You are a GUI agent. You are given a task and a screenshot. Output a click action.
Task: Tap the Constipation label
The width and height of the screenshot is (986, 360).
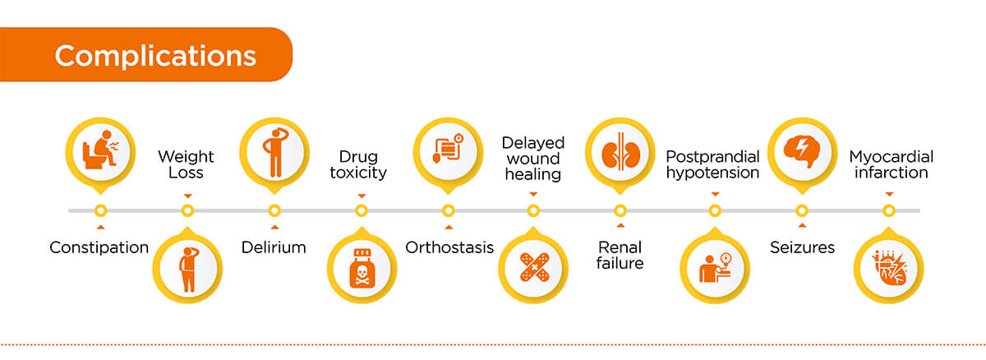(x=99, y=247)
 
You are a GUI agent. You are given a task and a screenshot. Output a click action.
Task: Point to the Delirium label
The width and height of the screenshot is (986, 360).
(x=274, y=247)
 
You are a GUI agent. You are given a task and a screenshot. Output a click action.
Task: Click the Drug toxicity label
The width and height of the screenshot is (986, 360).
(x=362, y=164)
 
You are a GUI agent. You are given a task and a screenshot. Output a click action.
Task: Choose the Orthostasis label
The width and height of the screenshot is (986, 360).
(x=449, y=247)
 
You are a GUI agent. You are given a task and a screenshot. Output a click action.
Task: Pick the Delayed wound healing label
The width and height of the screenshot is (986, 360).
(x=533, y=158)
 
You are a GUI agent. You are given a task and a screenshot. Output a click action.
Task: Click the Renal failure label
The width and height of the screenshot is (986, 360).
(x=620, y=255)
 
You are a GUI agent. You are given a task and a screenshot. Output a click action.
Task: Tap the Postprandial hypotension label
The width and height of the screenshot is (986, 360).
(x=712, y=164)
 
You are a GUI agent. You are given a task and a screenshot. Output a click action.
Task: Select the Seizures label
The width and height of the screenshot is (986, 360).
(x=802, y=247)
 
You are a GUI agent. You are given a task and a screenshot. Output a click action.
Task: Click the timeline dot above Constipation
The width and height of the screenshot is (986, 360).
(x=100, y=210)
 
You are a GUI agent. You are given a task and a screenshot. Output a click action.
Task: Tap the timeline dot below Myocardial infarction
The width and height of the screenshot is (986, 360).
(x=888, y=210)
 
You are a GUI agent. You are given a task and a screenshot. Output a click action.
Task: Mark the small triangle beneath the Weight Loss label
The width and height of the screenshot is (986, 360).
(x=187, y=195)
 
